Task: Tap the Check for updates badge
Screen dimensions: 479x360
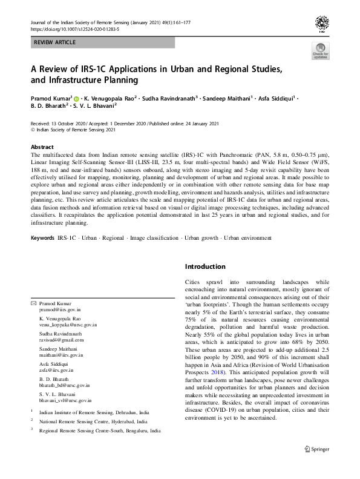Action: [x=320, y=52]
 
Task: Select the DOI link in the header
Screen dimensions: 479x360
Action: [x=76, y=28]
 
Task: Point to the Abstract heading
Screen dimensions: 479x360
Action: [x=43, y=147]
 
